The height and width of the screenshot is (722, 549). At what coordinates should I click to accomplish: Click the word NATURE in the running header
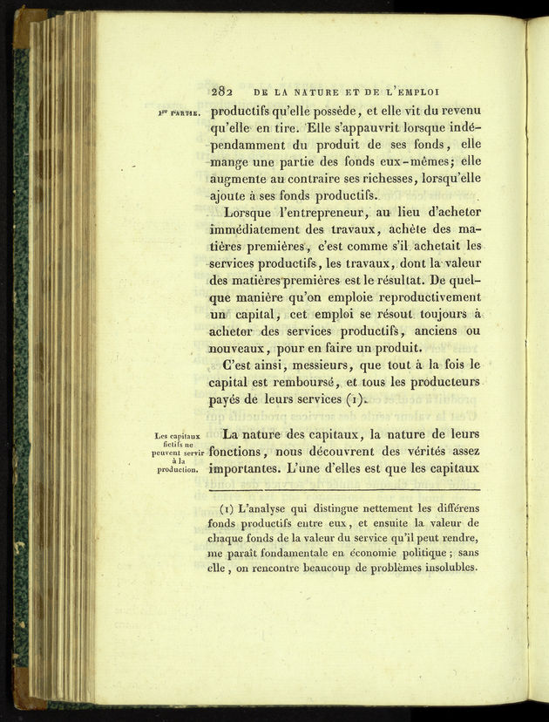(319, 90)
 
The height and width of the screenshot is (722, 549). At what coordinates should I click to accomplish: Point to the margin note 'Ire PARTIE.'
(180, 112)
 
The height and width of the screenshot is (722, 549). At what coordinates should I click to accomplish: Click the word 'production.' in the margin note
(180, 470)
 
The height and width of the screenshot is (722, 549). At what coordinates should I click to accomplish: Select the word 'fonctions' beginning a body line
(241, 452)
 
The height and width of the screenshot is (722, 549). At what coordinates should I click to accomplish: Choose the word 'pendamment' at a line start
(251, 145)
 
